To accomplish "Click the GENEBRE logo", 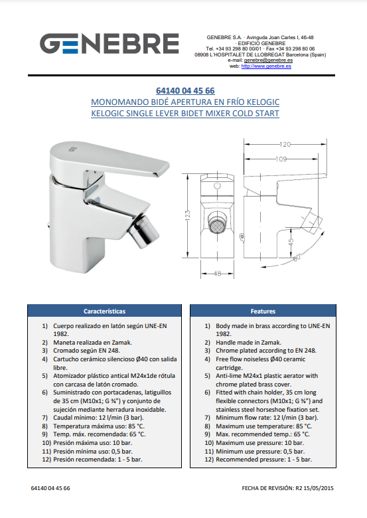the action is (110, 43).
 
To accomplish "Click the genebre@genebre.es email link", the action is (268, 60).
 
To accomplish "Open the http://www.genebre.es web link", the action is (266, 66).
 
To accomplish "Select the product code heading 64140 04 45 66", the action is (185, 90).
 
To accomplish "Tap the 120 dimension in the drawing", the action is (285, 144).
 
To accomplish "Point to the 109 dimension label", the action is (281, 159).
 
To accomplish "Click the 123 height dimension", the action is (187, 216).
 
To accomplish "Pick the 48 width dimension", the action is (217, 274).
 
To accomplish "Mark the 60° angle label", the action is (298, 257).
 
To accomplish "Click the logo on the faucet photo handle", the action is (72, 149).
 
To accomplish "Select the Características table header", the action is (104, 311).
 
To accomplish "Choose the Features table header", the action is (263, 311).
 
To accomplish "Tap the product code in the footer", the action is (50, 488).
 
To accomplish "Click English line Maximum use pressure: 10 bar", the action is (254, 443).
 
